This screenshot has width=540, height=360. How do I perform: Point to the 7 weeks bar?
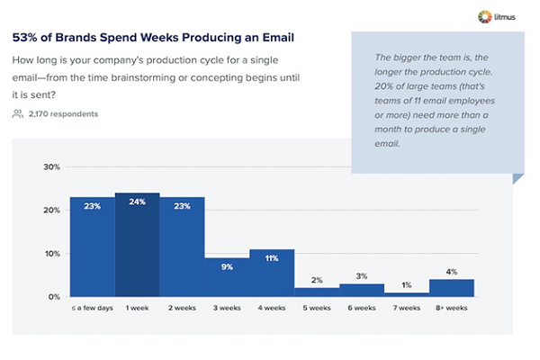tap(407, 294)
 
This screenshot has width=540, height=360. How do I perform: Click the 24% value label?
tap(137, 202)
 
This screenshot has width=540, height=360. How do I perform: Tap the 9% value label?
tap(227, 265)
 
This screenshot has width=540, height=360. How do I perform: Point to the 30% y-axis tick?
tap(51, 167)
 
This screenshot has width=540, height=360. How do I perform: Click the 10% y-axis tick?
tap(51, 254)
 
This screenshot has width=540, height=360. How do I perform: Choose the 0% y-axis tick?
tap(53, 297)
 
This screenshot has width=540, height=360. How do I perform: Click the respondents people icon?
tap(18, 114)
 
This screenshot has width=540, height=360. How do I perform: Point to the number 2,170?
tap(40, 114)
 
